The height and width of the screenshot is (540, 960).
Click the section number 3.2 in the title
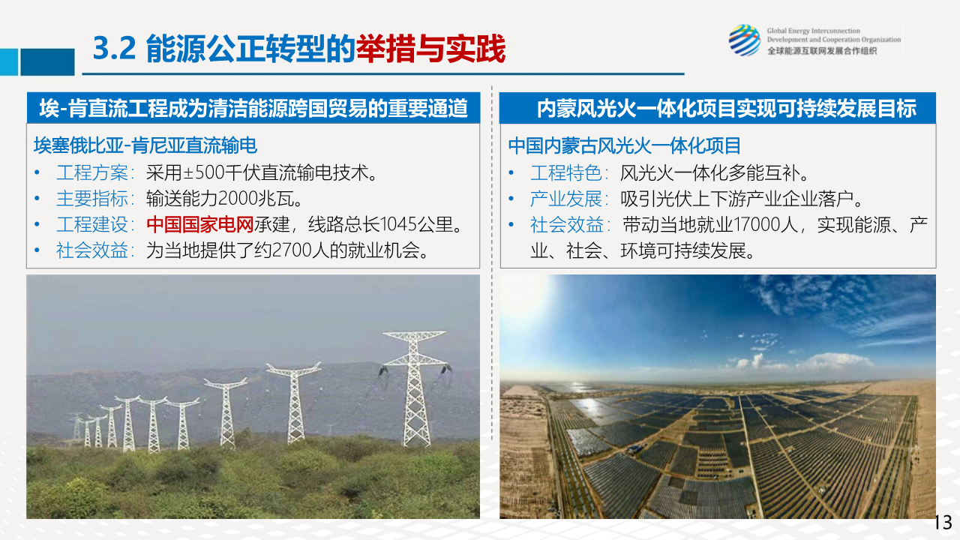[115, 48]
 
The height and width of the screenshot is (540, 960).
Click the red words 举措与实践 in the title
[430, 49]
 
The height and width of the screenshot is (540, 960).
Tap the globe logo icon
[745, 40]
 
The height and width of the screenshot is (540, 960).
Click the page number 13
[943, 523]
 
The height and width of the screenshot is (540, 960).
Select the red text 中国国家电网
[199, 224]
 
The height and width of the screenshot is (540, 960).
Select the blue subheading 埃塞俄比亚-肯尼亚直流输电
[145, 145]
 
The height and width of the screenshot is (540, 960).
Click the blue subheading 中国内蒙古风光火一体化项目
[625, 145]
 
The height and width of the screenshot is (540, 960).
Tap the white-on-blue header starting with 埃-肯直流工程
[253, 108]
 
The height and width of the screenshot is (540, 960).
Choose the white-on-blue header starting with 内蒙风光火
[718, 108]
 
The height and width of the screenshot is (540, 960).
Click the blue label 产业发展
[565, 199]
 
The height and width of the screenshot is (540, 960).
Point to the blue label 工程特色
[565, 172]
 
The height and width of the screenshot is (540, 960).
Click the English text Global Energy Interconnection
[814, 31]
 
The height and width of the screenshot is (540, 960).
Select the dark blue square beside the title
[47, 62]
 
